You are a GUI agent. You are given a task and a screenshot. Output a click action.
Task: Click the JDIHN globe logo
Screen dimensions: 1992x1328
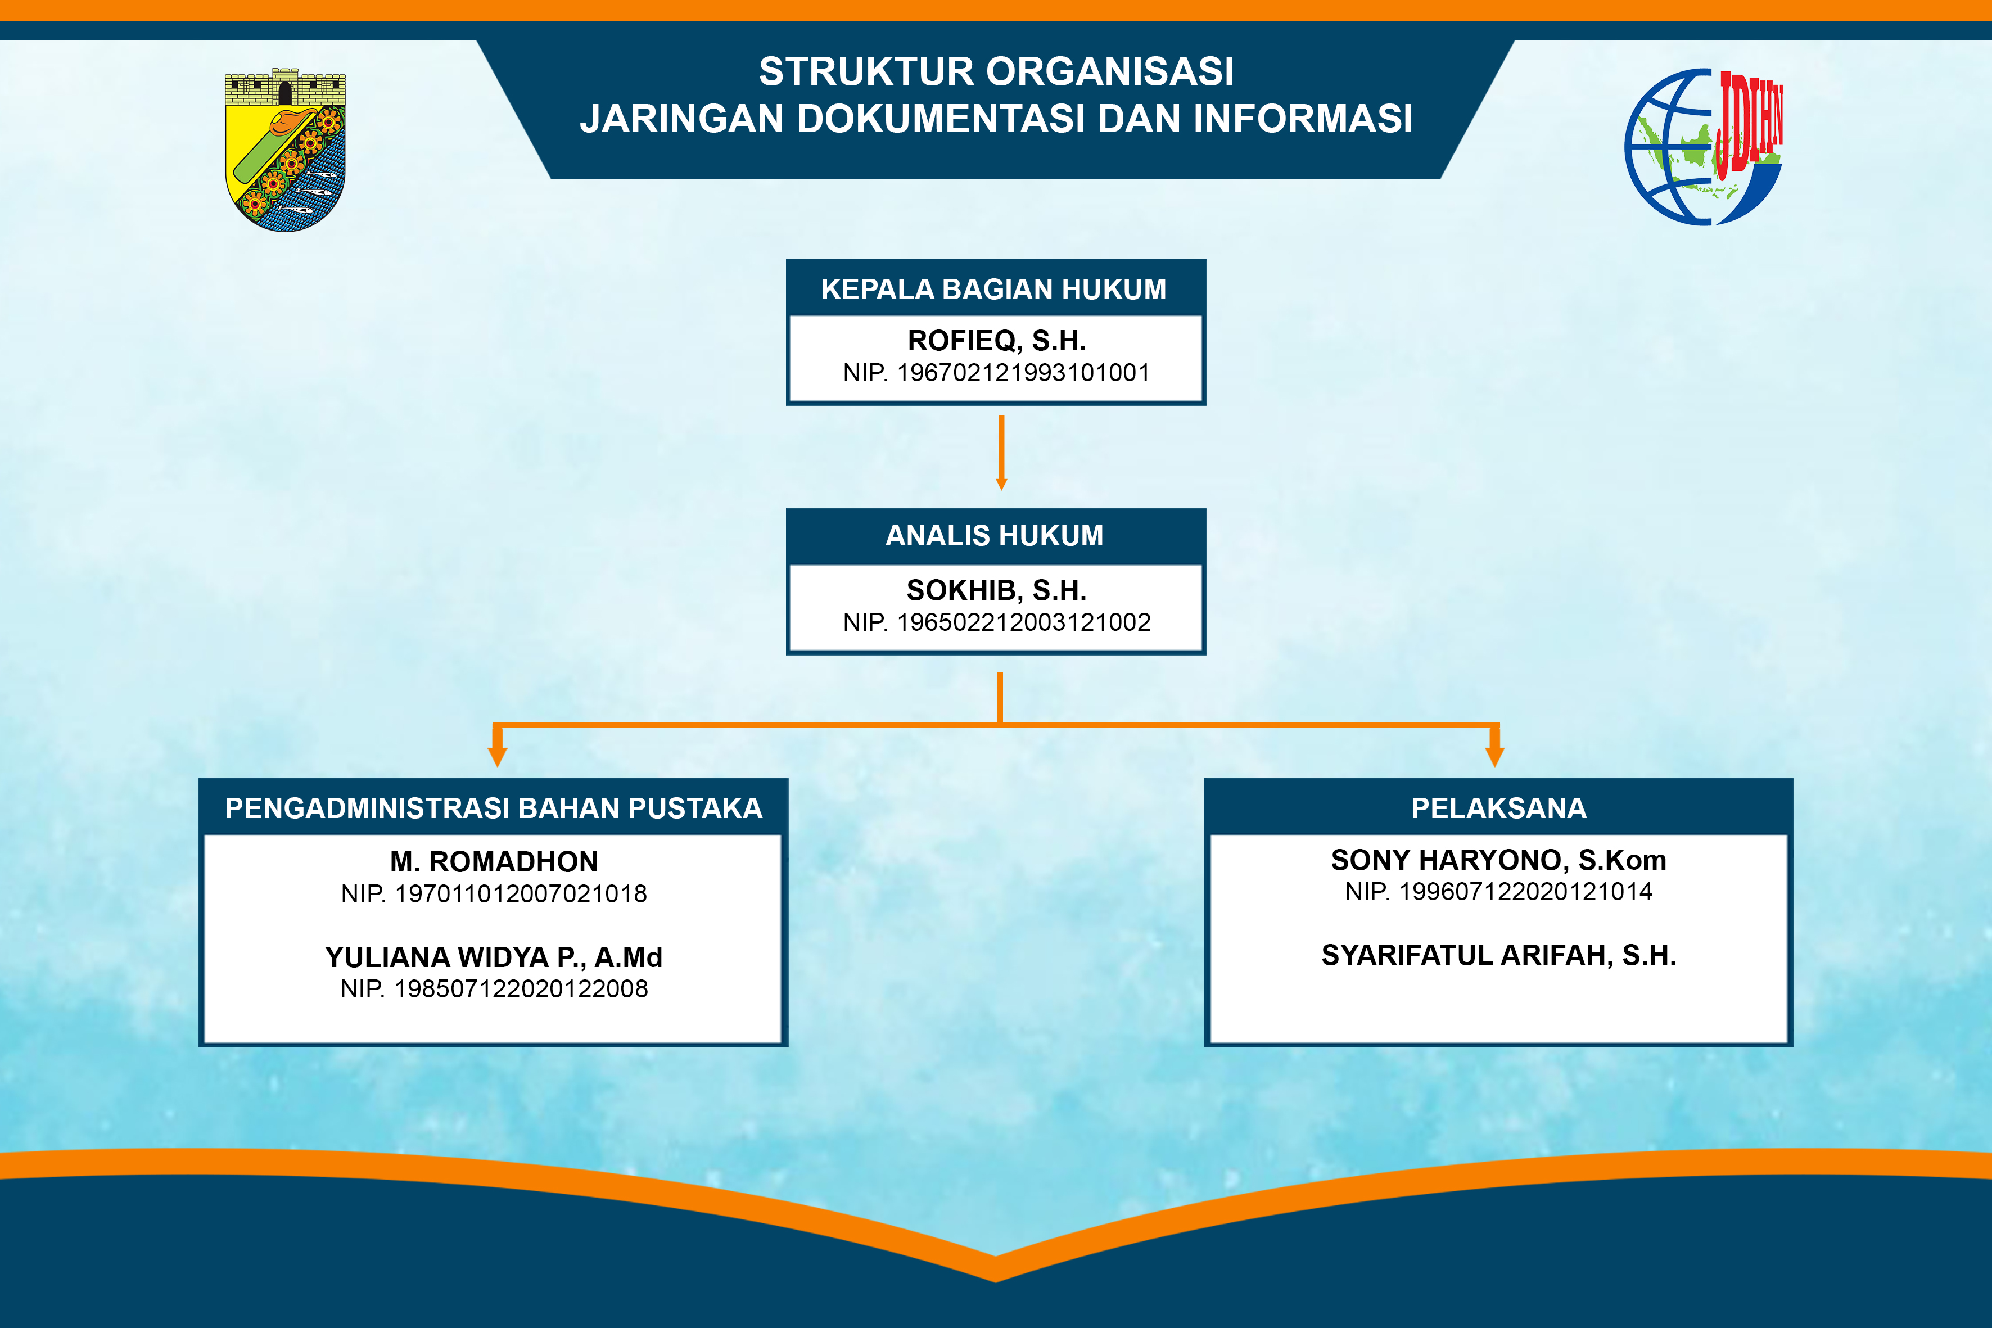coord(1704,147)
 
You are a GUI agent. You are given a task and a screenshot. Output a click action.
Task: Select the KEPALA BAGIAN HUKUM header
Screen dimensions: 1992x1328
coord(993,290)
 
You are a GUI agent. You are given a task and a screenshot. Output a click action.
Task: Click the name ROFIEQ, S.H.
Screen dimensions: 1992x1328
coord(997,341)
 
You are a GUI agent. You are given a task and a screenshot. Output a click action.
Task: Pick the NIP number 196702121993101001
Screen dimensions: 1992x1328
coord(996,373)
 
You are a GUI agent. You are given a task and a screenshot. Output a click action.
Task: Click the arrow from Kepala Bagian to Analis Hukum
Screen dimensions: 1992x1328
coord(1001,453)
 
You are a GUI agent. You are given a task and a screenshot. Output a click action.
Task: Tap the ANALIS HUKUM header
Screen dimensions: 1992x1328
coord(994,536)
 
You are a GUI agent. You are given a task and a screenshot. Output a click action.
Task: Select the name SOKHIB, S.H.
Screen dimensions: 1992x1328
coord(996,590)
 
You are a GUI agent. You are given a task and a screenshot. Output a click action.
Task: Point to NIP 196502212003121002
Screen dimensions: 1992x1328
coord(996,622)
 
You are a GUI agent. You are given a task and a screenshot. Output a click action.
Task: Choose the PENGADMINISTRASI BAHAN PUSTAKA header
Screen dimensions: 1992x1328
coord(494,809)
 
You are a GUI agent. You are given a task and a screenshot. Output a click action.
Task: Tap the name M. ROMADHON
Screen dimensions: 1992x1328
coord(494,862)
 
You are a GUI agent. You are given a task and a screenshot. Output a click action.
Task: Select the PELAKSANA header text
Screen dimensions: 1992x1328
coord(1499,809)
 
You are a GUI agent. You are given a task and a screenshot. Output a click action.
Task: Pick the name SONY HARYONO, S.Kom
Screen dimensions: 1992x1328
coord(1499,860)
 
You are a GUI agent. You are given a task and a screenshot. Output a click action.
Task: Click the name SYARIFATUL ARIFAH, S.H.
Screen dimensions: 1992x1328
coord(1499,955)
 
